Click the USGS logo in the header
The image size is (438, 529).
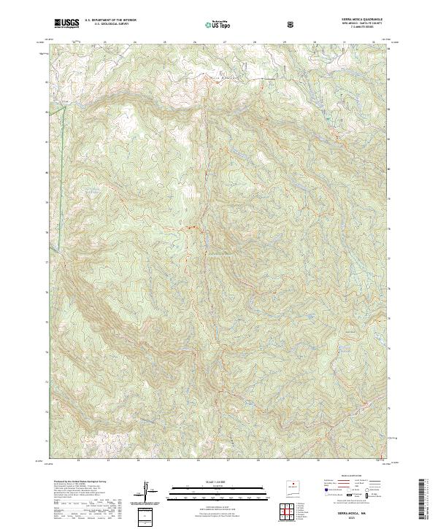click(67, 23)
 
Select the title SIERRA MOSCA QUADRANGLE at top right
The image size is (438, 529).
click(359, 19)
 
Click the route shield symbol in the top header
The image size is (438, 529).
click(292, 24)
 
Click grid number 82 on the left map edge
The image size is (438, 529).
click(47, 112)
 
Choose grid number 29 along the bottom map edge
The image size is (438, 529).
click(288, 460)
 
